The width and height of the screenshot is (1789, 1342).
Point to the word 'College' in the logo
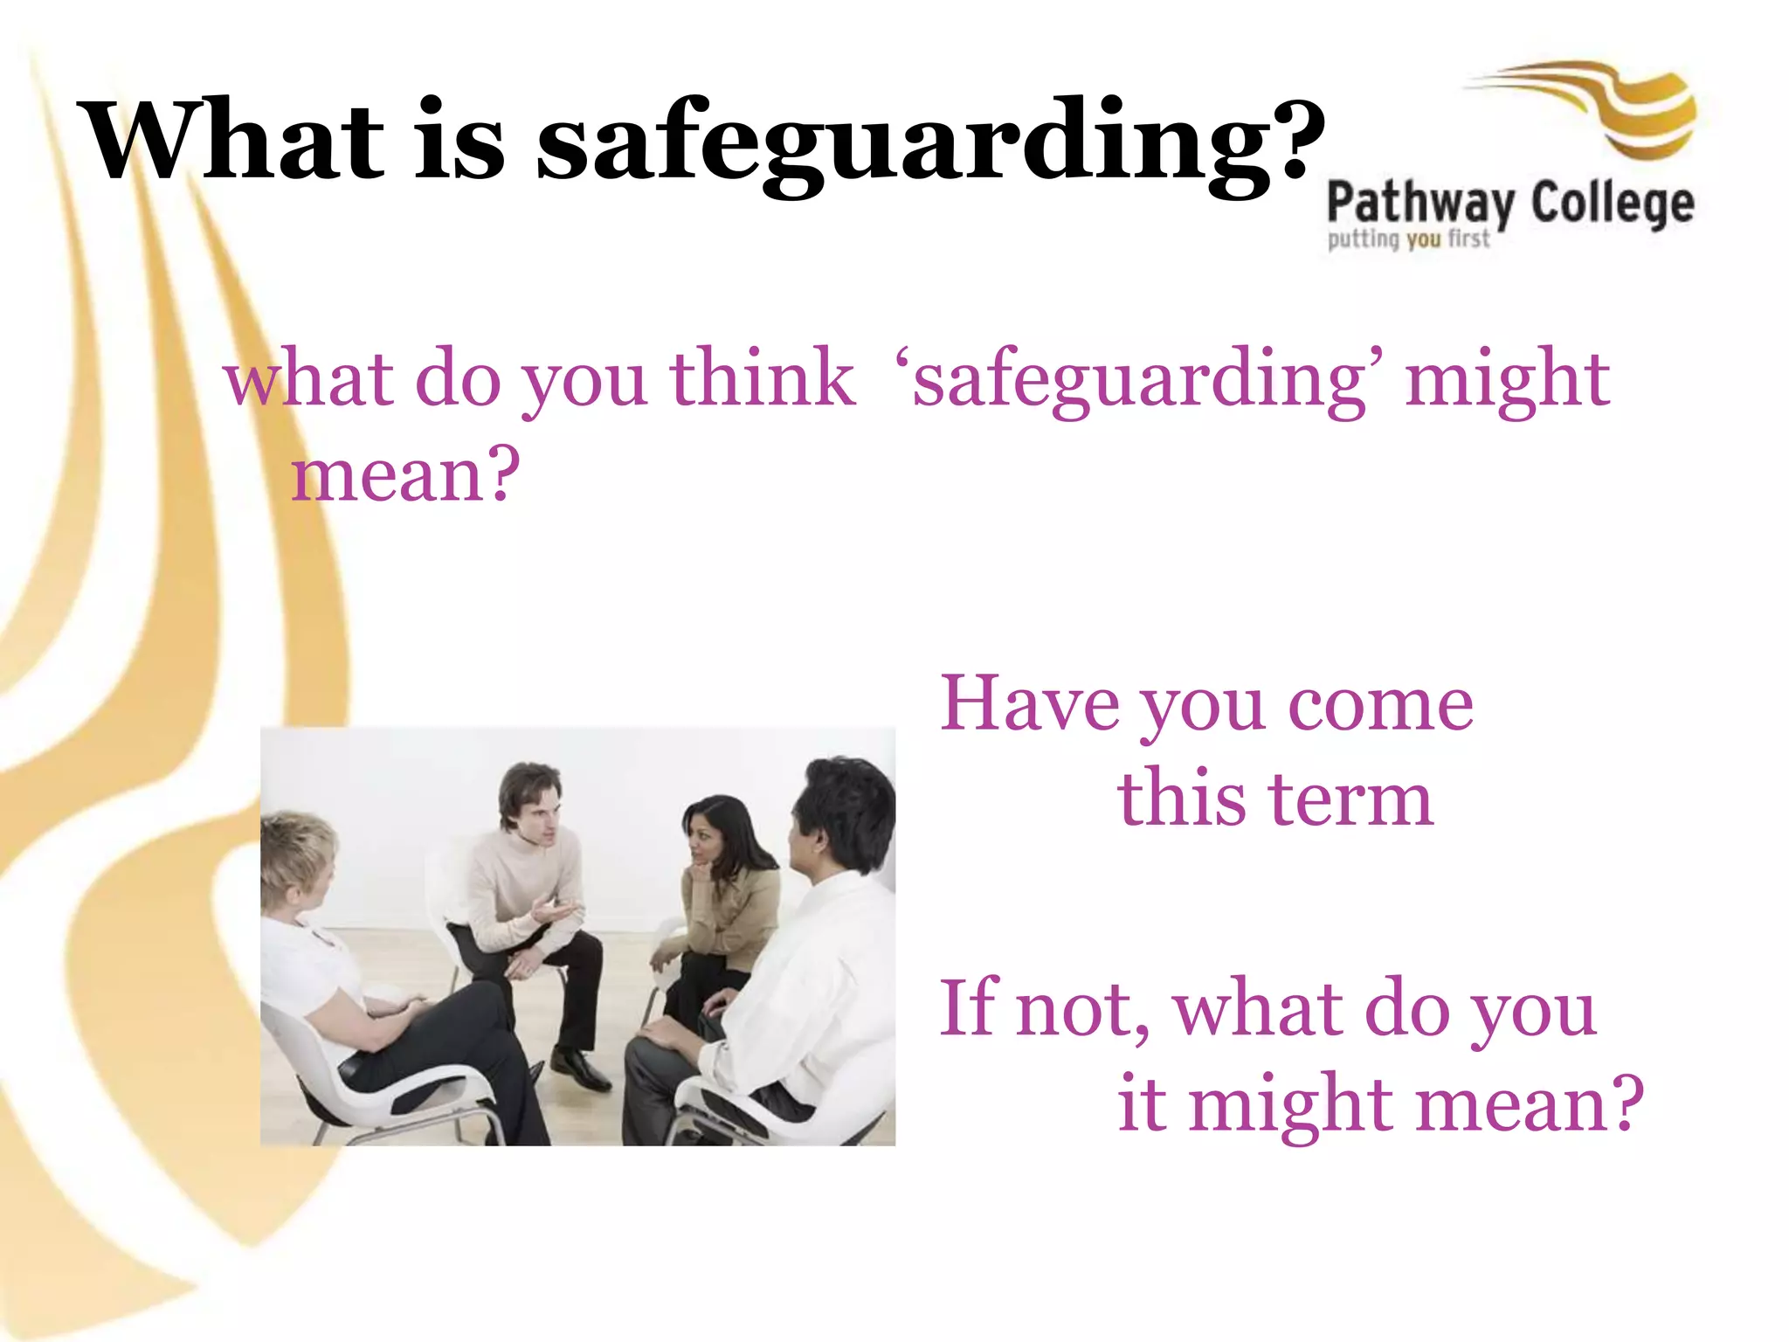(x=1613, y=204)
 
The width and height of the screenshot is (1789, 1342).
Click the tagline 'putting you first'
(x=1408, y=239)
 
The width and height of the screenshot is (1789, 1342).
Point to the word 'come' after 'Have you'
(x=1380, y=706)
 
